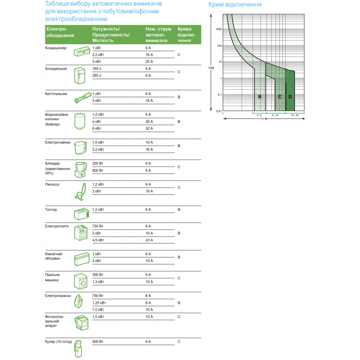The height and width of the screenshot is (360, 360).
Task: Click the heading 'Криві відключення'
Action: click(234, 5)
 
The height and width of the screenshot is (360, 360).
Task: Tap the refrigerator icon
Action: click(79, 76)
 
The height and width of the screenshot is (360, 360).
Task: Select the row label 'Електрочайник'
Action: click(58, 142)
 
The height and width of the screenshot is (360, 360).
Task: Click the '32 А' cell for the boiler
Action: click(149, 129)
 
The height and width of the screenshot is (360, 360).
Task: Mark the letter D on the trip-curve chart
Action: click(290, 97)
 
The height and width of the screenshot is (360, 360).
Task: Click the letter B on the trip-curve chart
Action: click(260, 97)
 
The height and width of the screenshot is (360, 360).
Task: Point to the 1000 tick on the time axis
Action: click(219, 29)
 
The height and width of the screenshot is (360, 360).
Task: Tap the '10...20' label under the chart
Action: click(294, 116)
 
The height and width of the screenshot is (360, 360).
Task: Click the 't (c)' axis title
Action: click(211, 67)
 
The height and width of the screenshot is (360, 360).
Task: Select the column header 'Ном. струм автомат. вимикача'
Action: click(158, 35)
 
